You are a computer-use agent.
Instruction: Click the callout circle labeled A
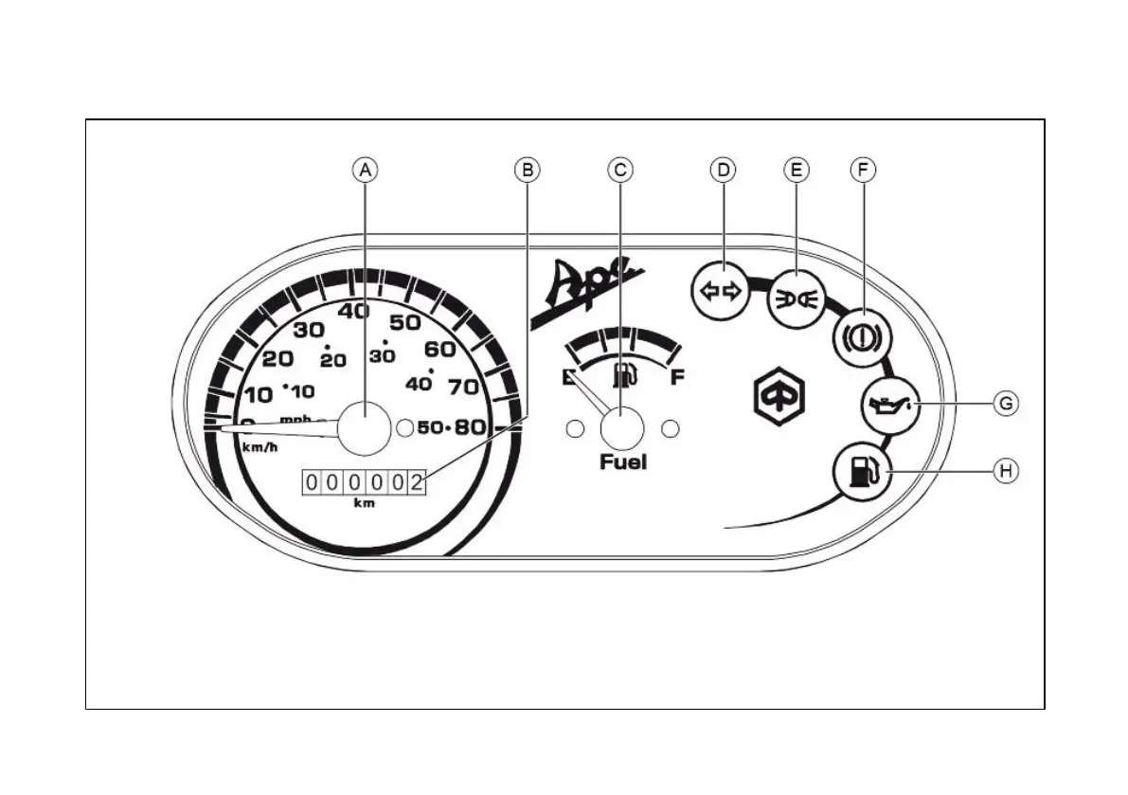point(366,170)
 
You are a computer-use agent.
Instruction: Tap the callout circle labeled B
point(528,170)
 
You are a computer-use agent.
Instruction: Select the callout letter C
point(619,170)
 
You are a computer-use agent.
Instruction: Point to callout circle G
point(1006,404)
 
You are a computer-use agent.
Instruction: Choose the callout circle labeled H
point(1006,469)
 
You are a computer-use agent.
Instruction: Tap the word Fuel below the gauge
point(623,462)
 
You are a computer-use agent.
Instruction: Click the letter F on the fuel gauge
point(677,378)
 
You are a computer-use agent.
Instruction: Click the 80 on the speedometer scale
point(470,426)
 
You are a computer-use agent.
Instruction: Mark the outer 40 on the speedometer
point(355,311)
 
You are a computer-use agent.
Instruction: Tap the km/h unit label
point(260,447)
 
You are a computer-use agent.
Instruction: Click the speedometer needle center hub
point(365,427)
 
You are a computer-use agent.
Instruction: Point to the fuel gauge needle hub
point(622,427)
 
